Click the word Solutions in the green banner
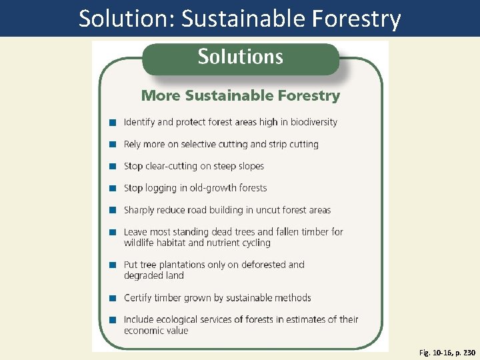(x=240, y=57)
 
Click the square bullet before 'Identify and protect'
(x=113, y=123)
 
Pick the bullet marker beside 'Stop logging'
(x=113, y=189)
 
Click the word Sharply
(x=139, y=210)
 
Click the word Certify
(x=138, y=297)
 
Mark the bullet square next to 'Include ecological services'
(x=113, y=320)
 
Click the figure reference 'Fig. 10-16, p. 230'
(x=447, y=353)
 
